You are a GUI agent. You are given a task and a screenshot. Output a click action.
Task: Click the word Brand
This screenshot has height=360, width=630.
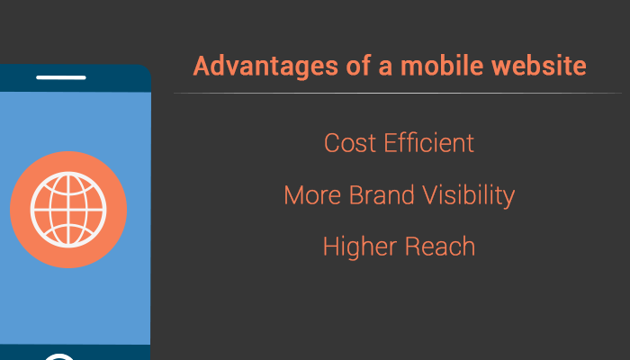pos(377,195)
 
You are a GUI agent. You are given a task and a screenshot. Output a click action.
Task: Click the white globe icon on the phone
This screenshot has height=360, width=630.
pos(68,209)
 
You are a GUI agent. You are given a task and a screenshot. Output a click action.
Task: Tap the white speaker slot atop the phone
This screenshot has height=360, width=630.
pos(61,77)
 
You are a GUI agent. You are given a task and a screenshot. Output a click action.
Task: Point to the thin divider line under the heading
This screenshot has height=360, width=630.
pos(397,93)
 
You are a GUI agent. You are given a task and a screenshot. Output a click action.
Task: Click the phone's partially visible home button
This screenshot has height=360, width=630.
pos(59,356)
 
